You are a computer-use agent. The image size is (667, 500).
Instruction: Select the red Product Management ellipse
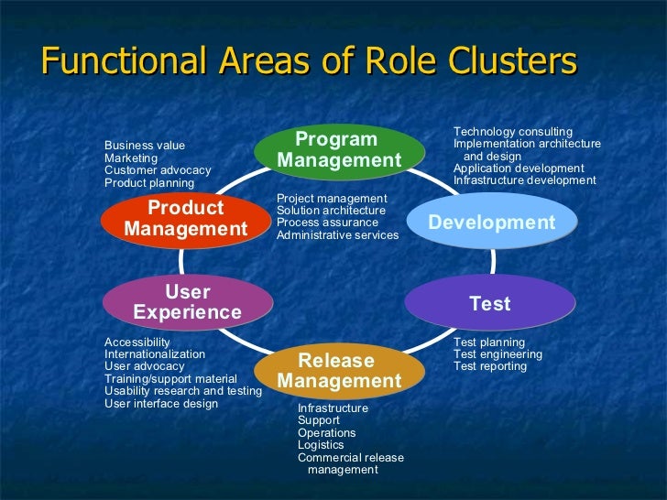186,218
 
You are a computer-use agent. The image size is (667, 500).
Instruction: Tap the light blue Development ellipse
492,223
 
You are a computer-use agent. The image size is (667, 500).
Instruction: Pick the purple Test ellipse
490,303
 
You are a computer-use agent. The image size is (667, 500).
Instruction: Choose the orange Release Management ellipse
339,370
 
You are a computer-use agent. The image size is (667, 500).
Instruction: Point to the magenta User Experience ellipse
188,302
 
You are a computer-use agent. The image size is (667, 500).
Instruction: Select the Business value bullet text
145,146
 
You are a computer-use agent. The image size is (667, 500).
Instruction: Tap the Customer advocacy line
158,170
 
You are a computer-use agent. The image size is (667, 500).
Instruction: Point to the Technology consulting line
513,132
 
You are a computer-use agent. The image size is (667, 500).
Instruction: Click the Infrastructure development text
524,180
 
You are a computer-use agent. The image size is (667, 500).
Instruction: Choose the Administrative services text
337,235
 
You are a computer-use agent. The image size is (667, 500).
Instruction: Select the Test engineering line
498,354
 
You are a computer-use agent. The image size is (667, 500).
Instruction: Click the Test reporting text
490,366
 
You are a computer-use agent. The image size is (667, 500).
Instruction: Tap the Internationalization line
155,353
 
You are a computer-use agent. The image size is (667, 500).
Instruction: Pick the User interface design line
161,403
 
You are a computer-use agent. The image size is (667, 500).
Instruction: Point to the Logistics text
321,445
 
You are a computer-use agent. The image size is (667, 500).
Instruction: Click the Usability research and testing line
183,391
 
